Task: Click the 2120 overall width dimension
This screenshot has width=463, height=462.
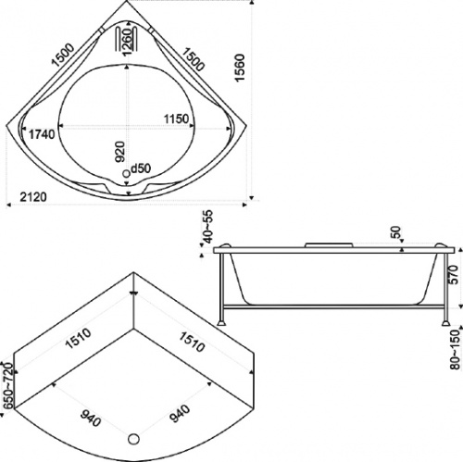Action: click(33, 196)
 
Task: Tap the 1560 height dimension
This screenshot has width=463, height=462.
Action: click(239, 68)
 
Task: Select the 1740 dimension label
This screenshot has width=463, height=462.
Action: click(42, 134)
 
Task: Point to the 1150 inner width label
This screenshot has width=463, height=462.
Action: click(176, 119)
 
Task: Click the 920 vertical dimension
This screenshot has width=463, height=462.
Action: click(120, 152)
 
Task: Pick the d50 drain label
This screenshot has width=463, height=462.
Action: click(141, 169)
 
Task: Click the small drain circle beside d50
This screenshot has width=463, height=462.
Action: click(126, 174)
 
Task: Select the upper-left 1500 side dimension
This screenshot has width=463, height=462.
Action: click(63, 56)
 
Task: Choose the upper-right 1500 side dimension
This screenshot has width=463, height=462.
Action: click(192, 58)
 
